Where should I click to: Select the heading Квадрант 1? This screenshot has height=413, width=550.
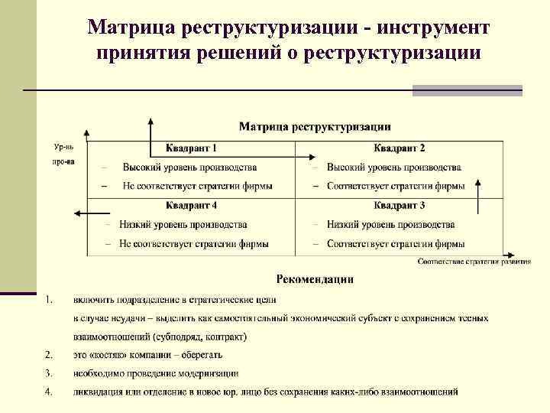(192, 148)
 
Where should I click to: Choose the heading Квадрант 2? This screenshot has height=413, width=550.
(399, 148)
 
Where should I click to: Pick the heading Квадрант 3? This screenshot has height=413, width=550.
(399, 205)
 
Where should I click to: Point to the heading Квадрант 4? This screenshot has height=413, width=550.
(192, 205)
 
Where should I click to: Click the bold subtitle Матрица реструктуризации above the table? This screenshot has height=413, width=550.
(315, 126)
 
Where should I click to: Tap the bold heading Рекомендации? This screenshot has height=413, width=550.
(315, 279)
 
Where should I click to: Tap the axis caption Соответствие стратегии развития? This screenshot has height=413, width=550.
(474, 262)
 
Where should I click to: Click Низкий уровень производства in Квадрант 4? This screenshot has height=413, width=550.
(183, 225)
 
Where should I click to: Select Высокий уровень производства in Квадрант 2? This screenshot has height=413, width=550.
(394, 167)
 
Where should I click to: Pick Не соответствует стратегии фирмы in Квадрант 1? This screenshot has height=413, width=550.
(197, 186)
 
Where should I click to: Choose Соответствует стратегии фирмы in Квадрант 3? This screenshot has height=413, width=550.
(396, 244)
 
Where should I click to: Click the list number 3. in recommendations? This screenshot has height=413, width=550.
(49, 373)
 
